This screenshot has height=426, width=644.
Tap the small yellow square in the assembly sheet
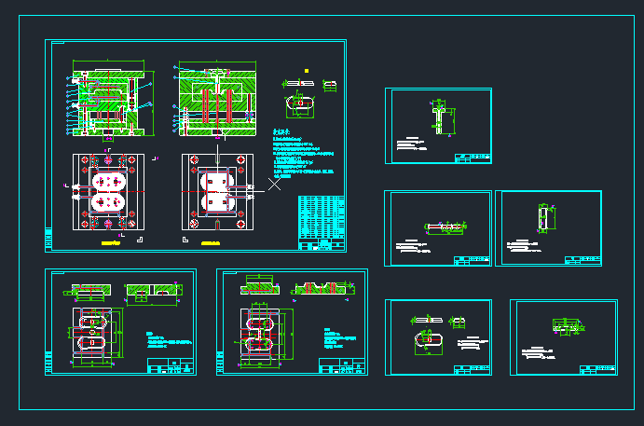point(307,70)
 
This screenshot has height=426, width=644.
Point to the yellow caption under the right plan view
point(217,242)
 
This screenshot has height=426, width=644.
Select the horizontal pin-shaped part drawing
point(445,227)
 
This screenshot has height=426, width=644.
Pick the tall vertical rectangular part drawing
point(544,217)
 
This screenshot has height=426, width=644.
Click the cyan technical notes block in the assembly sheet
point(307,155)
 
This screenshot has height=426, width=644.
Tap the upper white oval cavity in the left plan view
point(111,179)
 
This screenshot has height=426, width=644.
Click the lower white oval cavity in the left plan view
point(111,199)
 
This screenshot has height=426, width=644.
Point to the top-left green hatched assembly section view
point(108,98)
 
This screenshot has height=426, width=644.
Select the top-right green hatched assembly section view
point(216,97)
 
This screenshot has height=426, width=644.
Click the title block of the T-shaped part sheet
point(472,158)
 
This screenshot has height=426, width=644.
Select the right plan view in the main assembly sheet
point(218,190)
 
